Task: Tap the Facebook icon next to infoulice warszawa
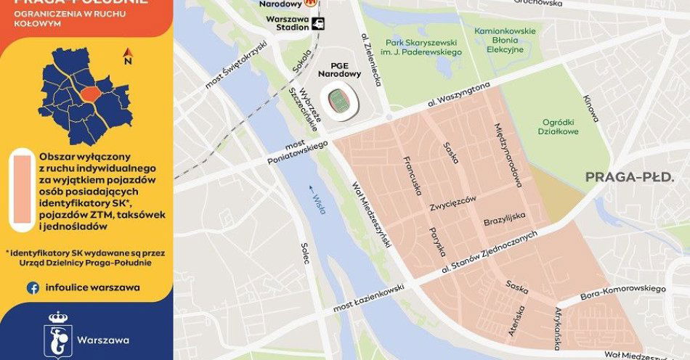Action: coord(33,287)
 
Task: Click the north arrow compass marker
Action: coord(128,56)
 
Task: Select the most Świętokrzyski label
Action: coord(237,65)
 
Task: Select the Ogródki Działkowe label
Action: coord(560,126)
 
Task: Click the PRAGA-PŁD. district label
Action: coord(635,177)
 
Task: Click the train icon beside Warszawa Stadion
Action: coord(318,23)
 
